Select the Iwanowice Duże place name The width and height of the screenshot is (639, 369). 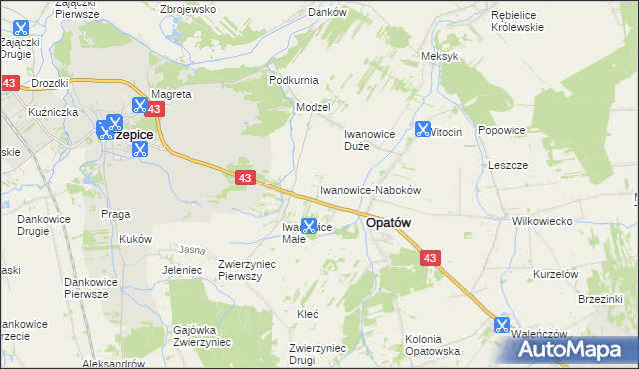pyautogui.click(x=371, y=139)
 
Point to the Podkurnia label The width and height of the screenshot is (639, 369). pyautogui.click(x=294, y=79)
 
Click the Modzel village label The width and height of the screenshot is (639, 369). pyautogui.click(x=313, y=106)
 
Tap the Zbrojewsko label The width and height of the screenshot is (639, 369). pyautogui.click(x=188, y=8)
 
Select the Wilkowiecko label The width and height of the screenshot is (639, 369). pyautogui.click(x=540, y=221)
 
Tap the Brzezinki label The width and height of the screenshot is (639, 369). pyautogui.click(x=601, y=298)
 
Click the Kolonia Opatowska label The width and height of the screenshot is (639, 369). pyautogui.click(x=432, y=345)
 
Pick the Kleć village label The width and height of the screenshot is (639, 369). pyautogui.click(x=308, y=313)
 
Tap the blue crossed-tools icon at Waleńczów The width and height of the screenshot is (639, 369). pyautogui.click(x=501, y=325)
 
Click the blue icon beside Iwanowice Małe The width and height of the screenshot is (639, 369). pyautogui.click(x=310, y=227)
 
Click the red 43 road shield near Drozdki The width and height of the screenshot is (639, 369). pyautogui.click(x=10, y=84)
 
